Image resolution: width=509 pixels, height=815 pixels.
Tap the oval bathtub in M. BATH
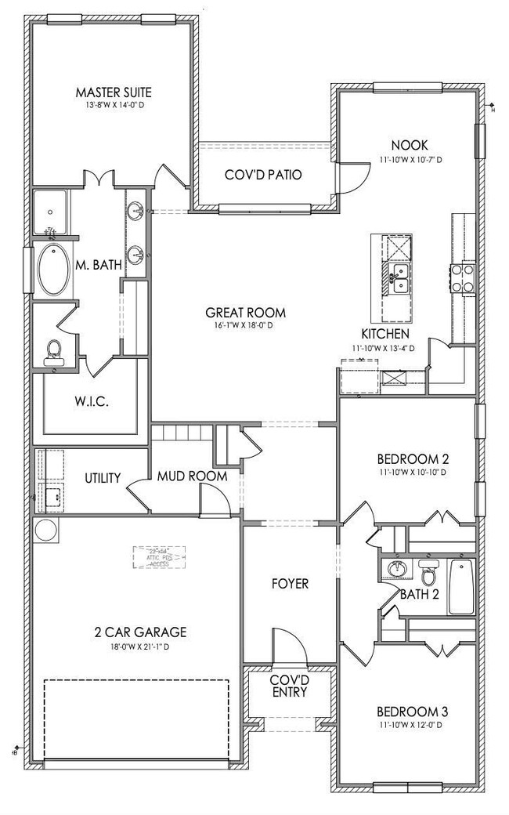[53, 270]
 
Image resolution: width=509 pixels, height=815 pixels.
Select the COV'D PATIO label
[263, 175]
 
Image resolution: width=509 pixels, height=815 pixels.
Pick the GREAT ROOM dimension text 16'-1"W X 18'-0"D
[244, 325]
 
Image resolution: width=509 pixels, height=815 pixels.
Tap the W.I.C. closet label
[92, 401]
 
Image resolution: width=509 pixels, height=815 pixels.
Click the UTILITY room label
[103, 477]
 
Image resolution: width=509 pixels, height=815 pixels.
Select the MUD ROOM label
[192, 476]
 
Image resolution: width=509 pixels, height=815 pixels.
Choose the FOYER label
[289, 584]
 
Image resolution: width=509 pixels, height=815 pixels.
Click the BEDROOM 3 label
[412, 712]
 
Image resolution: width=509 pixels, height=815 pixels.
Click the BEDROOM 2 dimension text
[412, 473]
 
